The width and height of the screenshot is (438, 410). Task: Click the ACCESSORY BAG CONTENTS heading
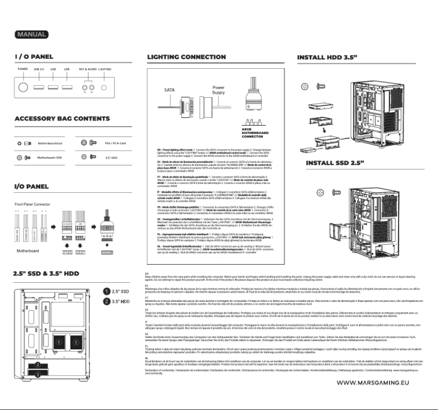click(x=54, y=118)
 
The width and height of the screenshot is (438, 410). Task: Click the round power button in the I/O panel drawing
click(x=23, y=87)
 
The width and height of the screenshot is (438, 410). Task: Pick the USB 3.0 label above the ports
click(x=39, y=69)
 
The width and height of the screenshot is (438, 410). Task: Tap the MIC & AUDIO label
click(x=86, y=69)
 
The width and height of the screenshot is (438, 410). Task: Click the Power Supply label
click(x=218, y=90)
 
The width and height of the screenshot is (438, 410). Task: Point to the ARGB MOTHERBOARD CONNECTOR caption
click(x=254, y=135)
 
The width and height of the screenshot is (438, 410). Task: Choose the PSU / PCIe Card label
click(x=115, y=143)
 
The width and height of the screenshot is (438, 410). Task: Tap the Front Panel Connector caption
click(x=32, y=204)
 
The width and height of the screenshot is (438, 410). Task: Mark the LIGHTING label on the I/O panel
click(x=105, y=69)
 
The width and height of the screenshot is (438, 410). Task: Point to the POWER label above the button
click(x=22, y=69)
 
